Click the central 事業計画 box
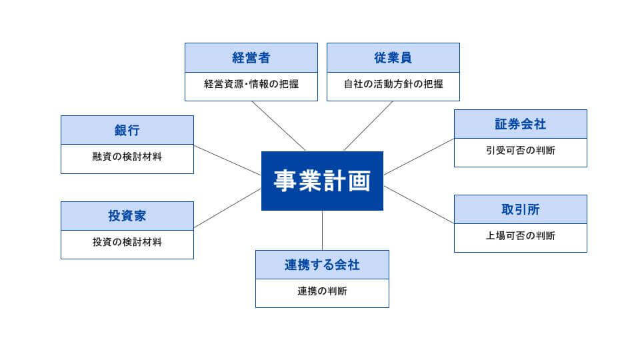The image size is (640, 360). (322, 181)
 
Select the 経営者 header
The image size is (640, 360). (251, 57)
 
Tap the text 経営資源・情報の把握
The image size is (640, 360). (251, 85)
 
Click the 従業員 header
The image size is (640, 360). (393, 57)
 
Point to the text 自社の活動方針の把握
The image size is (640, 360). (393, 85)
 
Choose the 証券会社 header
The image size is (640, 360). (520, 124)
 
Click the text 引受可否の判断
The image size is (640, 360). (520, 151)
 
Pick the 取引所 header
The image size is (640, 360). (520, 209)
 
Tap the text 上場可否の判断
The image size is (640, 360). (520, 237)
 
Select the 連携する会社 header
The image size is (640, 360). (322, 265)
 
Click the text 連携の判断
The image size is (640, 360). (322, 292)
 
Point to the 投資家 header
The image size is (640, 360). (127, 216)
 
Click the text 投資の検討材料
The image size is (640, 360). (127, 243)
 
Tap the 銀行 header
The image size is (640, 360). (127, 130)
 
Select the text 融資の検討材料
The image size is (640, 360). (127, 158)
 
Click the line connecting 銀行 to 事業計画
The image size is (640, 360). (227, 161)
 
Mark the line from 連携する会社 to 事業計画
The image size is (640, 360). (322, 230)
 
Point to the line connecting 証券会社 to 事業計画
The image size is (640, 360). (419, 157)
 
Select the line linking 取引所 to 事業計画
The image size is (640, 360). (419, 205)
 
